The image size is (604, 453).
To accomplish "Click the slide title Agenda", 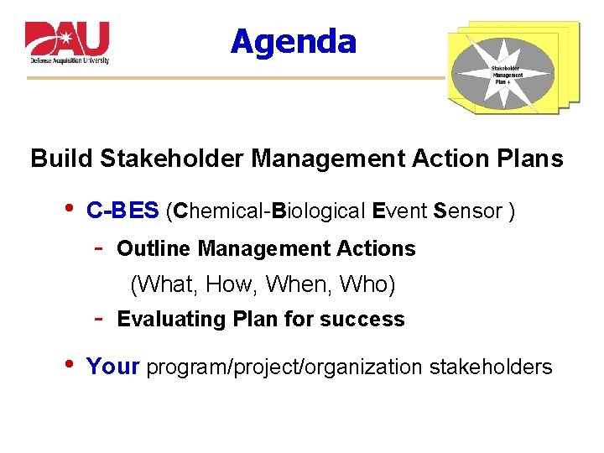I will [x=293, y=41].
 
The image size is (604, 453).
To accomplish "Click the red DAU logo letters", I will [x=67, y=39].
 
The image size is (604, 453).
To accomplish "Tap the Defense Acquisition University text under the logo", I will [x=70, y=61].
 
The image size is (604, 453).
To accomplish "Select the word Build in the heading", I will [x=61, y=159].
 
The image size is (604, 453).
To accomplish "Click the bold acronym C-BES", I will [x=122, y=211].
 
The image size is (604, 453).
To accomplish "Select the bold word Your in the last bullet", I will [x=113, y=367].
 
